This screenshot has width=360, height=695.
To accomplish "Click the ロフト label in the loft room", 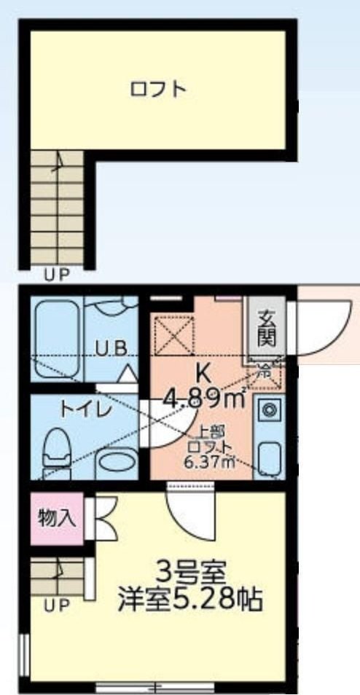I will click(158, 90).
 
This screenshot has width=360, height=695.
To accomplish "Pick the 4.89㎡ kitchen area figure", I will click(203, 398).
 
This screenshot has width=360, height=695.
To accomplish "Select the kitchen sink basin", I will click(268, 457).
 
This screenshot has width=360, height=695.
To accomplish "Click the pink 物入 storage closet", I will click(57, 518).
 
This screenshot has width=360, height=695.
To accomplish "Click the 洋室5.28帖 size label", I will click(191, 600).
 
